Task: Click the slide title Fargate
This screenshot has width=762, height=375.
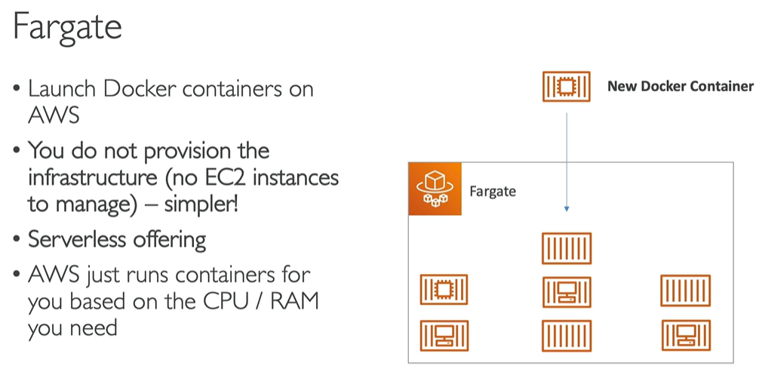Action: (x=67, y=29)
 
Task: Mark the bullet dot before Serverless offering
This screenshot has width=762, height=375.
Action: (x=17, y=241)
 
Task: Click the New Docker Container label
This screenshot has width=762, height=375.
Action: (x=680, y=86)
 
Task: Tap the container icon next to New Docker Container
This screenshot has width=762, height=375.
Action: (x=566, y=86)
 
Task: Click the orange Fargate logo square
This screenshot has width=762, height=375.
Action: (x=435, y=189)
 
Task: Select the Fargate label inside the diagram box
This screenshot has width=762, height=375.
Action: (x=492, y=191)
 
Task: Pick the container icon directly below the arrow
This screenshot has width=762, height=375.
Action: (x=567, y=248)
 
